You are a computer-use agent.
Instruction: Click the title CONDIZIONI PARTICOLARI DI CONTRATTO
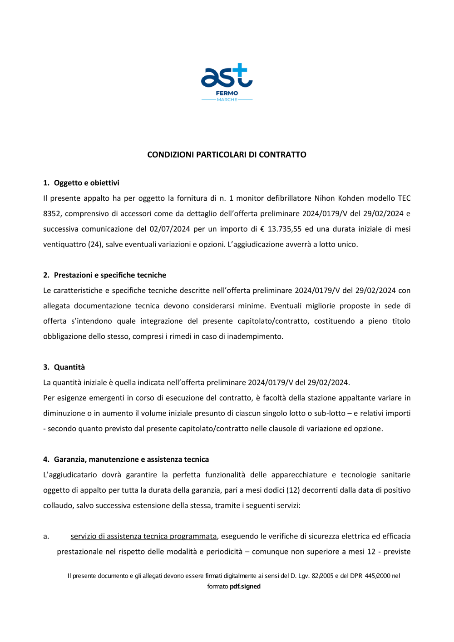coord(227,154)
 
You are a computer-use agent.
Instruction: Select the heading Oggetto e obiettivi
coord(86,183)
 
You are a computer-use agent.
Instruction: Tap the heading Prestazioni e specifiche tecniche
coord(110,275)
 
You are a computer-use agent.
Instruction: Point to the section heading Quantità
coord(69,367)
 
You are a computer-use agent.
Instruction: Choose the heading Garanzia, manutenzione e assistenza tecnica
coord(131,459)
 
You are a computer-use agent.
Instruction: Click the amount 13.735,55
coord(284,229)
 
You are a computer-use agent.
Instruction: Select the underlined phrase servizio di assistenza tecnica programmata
coord(143,536)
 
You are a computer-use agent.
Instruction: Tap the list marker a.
coord(46,536)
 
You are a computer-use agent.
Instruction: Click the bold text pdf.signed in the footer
coord(245,586)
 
